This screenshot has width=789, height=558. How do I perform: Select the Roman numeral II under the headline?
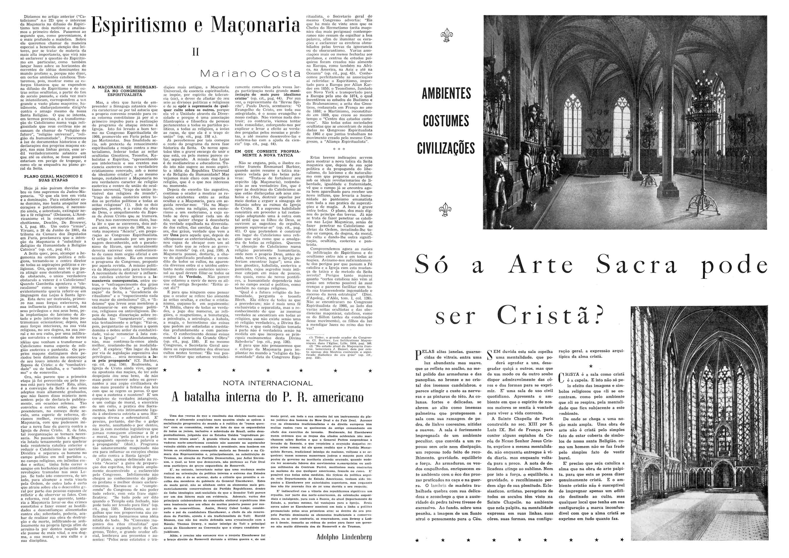coord(196,52)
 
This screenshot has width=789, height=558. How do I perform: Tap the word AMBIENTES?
coord(446,93)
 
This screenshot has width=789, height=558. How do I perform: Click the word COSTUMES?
coord(446,121)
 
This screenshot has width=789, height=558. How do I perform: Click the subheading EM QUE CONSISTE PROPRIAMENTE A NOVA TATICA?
coord(267,153)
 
